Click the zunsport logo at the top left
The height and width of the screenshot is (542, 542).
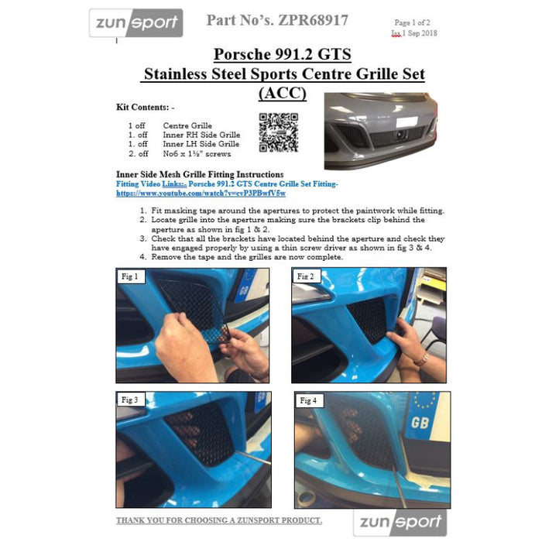[135, 22]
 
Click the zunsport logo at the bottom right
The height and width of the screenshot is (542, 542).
[400, 523]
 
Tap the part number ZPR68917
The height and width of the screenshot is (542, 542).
[313, 20]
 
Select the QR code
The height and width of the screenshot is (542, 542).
[279, 132]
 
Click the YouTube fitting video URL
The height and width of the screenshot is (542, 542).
[201, 194]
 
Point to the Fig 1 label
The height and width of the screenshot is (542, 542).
[130, 276]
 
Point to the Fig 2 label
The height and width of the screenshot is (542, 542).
[306, 276]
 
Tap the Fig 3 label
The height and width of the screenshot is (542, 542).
[130, 400]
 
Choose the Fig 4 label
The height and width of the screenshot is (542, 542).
[308, 400]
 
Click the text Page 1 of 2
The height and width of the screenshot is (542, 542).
[413, 22]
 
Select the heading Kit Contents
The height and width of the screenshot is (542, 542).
[146, 107]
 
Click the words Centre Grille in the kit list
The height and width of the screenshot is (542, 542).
[187, 125]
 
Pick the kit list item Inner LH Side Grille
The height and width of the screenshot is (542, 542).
[201, 144]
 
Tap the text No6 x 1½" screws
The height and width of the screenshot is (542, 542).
[197, 153]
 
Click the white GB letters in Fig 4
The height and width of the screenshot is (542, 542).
[420, 423]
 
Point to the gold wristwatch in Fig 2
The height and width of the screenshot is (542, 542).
[421, 359]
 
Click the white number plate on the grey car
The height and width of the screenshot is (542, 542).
[406, 122]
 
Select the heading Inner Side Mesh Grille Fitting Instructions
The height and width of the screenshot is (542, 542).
[200, 174]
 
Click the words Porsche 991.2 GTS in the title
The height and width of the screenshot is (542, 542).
[283, 54]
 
